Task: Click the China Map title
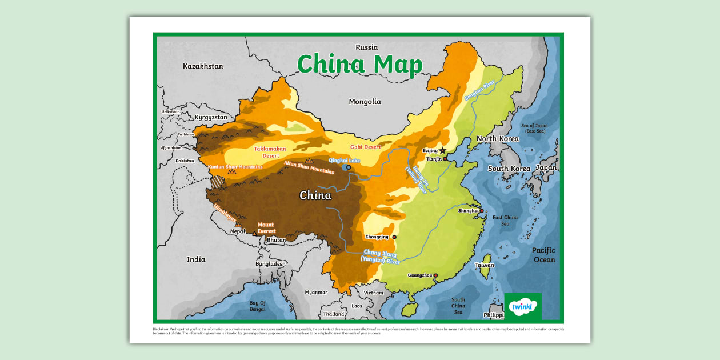pyautogui.click(x=360, y=64)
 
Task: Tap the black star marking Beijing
pyautogui.click(x=442, y=150)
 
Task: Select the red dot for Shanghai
pyautogui.click(x=481, y=211)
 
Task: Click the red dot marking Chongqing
pyautogui.click(x=394, y=237)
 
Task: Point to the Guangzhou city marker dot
pyautogui.click(x=435, y=275)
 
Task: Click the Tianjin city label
pyautogui.click(x=434, y=159)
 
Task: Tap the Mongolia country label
pyautogui.click(x=365, y=102)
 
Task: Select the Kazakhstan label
pyautogui.click(x=203, y=66)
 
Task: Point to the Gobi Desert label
pyautogui.click(x=365, y=147)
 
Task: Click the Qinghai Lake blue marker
pyautogui.click(x=349, y=167)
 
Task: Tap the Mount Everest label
pyautogui.click(x=266, y=228)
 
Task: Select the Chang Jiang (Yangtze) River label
pyautogui.click(x=381, y=257)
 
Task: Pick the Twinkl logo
pyautogui.click(x=522, y=306)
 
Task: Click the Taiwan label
pyautogui.click(x=485, y=265)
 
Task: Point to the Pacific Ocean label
pyautogui.click(x=543, y=255)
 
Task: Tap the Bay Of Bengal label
pyautogui.click(x=257, y=306)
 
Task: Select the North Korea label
pyautogui.click(x=497, y=139)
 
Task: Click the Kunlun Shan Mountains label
pyautogui.click(x=235, y=167)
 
